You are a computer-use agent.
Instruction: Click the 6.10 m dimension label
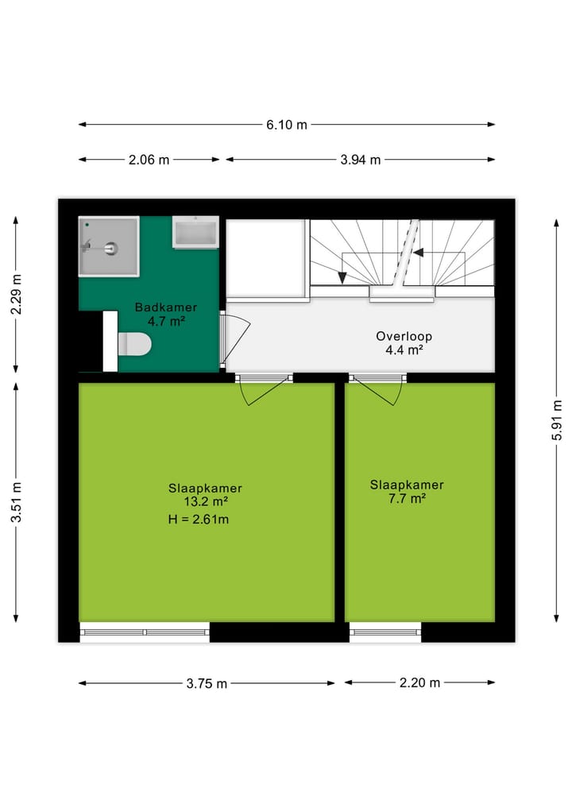click(287, 125)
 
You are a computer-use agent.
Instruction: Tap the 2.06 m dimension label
click(149, 160)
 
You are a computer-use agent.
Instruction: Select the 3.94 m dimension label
click(361, 160)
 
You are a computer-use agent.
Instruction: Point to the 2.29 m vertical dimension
click(17, 294)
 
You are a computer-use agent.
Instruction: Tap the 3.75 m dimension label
click(207, 683)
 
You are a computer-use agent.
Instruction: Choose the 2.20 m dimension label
click(419, 683)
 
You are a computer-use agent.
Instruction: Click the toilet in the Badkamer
click(130, 343)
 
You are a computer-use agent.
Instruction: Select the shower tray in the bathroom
click(109, 248)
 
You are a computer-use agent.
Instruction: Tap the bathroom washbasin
click(195, 233)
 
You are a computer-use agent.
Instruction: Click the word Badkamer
click(165, 307)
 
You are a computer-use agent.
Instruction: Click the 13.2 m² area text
click(206, 501)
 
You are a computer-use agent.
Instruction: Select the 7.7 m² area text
click(407, 498)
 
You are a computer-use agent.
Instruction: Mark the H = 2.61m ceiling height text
click(199, 520)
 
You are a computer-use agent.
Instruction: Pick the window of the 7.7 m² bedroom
click(385, 632)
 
